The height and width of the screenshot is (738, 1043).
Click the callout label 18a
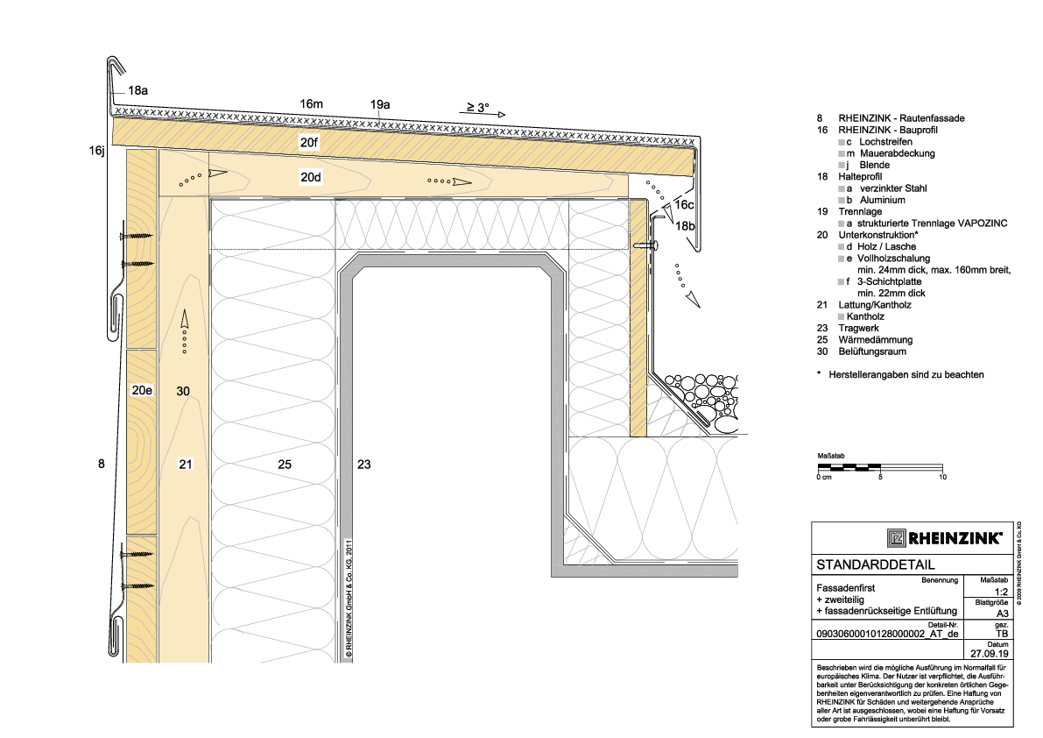click(x=137, y=90)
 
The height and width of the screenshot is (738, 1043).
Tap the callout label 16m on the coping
click(x=311, y=103)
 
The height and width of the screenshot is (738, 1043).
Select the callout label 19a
click(x=380, y=104)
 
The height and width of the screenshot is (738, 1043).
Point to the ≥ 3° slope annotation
click(x=477, y=107)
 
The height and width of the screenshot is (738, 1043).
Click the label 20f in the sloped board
click(x=309, y=142)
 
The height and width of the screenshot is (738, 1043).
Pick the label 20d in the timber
click(x=311, y=178)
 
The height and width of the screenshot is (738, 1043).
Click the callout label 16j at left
click(x=97, y=151)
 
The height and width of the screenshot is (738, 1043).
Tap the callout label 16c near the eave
click(x=685, y=205)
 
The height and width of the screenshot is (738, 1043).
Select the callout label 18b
click(x=685, y=226)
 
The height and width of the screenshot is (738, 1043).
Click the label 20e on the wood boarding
click(x=142, y=391)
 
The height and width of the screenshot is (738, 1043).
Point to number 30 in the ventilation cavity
click(x=183, y=392)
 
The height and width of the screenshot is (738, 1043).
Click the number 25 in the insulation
click(x=285, y=465)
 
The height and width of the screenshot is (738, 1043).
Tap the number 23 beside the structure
click(x=363, y=465)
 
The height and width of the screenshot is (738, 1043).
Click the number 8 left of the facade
click(x=101, y=464)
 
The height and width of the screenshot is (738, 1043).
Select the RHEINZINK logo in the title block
click(x=945, y=538)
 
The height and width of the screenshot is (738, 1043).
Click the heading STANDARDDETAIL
click(x=876, y=565)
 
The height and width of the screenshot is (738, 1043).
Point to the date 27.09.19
click(x=989, y=654)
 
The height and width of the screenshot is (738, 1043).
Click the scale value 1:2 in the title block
click(x=1001, y=592)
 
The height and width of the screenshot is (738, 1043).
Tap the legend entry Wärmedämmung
click(x=876, y=340)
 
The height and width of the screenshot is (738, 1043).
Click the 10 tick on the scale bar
click(x=942, y=477)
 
